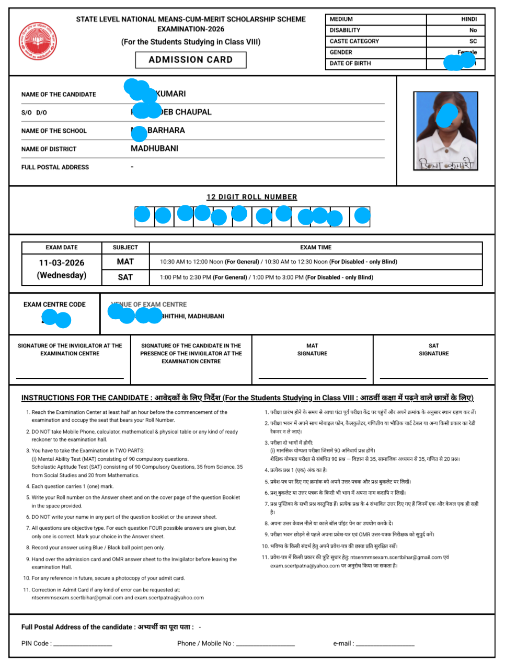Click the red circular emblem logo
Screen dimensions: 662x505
coord(38,41)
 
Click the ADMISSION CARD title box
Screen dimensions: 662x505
coord(191,60)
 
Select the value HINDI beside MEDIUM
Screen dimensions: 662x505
coord(468,19)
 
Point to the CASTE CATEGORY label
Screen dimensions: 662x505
coord(354,41)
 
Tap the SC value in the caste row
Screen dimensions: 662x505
coord(473,41)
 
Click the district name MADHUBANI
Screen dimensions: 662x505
coord(154,148)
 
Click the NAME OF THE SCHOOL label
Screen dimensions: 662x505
coord(54,131)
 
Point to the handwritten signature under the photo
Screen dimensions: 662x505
coord(446,165)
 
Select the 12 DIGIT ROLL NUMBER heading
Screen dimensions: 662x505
coord(251,197)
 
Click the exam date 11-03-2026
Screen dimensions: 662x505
coord(62,263)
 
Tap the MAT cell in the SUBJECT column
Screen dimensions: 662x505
coord(125,262)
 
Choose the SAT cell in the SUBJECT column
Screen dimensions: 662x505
coord(125,277)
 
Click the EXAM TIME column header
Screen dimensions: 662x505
coord(316,248)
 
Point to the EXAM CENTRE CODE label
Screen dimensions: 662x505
coord(54,305)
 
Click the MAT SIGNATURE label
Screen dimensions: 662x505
coord(312,350)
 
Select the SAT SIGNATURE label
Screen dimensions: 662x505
coord(433,350)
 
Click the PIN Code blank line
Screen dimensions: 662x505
coord(83,645)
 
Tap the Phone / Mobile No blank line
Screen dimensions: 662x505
coord(266,645)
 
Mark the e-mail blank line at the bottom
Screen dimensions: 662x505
coord(385,645)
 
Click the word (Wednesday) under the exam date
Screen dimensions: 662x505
coord(62,275)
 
